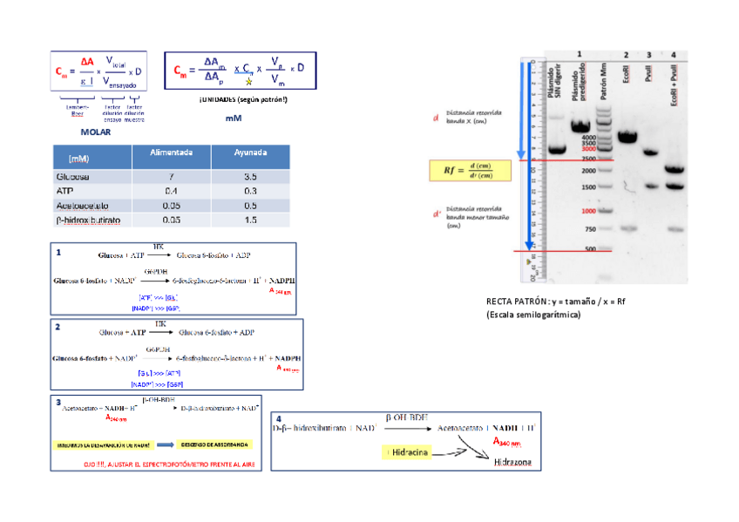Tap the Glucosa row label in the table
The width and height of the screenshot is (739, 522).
[73, 177]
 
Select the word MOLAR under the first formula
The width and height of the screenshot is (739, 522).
[96, 132]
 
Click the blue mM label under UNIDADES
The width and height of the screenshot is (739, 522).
[233, 119]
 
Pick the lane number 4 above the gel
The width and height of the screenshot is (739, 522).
[673, 55]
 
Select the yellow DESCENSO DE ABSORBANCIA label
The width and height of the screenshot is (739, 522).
[217, 442]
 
